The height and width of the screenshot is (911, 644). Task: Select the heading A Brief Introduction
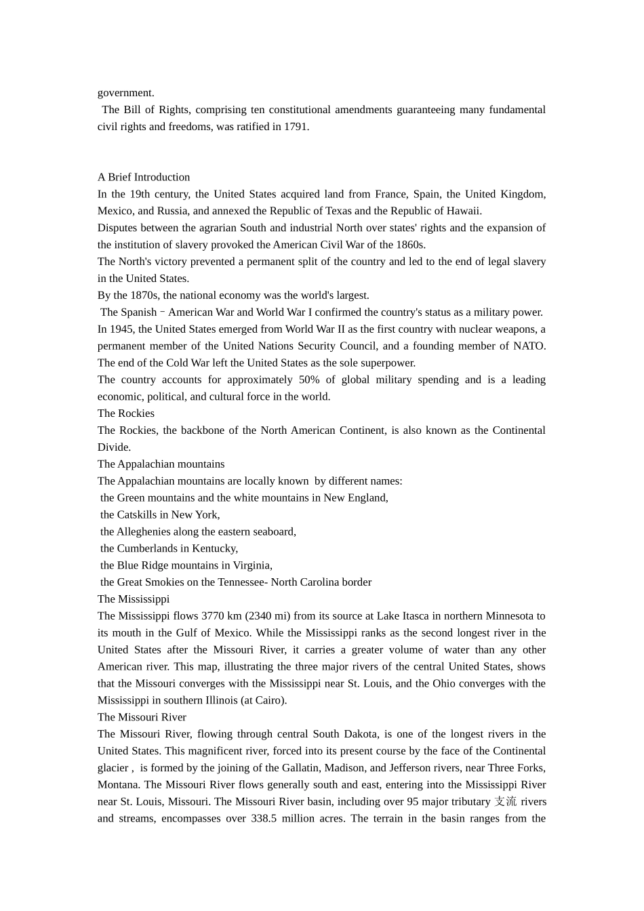point(144,177)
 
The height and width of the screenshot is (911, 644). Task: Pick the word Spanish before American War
point(138,312)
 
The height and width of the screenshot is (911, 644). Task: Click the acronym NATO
point(529,346)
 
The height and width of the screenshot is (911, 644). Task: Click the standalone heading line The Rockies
point(126,413)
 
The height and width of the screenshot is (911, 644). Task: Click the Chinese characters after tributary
point(505,802)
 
